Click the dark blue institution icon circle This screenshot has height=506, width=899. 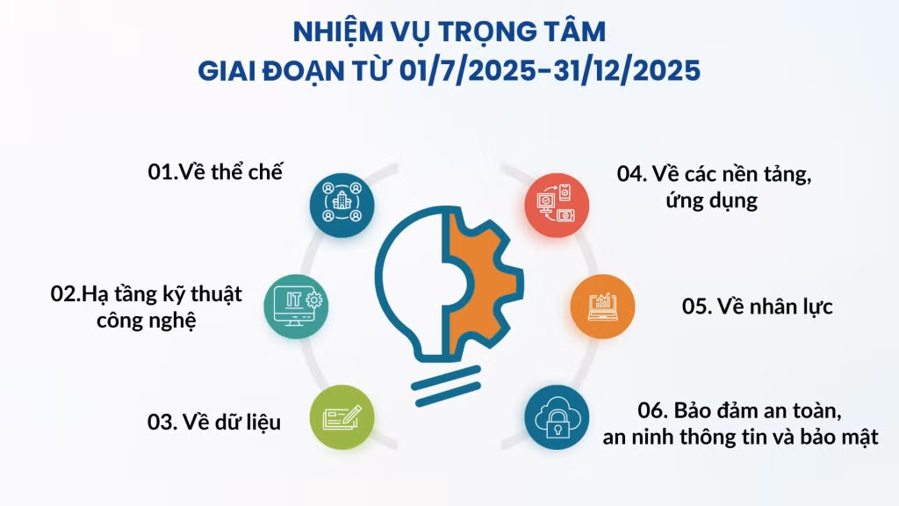pos(342,206)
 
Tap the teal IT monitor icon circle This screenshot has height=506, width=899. pos(296,307)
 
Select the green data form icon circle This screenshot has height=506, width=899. pos(342,417)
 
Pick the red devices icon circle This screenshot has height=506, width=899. pos(557,206)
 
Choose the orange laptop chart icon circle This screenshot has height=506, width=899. pos(602,307)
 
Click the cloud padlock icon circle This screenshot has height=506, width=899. pos(557,417)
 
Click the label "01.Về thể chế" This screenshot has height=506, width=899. pos(215,172)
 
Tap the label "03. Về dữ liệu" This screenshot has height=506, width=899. pos(214,423)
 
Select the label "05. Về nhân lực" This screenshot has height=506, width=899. pos(757,307)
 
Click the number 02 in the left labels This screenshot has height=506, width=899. pos(65,294)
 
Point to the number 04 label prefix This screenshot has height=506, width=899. pos(631,175)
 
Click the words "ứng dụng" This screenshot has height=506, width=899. pos(711,201)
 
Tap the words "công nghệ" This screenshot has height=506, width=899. pos(147,321)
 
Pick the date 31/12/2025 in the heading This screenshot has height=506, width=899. pos(627,70)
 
